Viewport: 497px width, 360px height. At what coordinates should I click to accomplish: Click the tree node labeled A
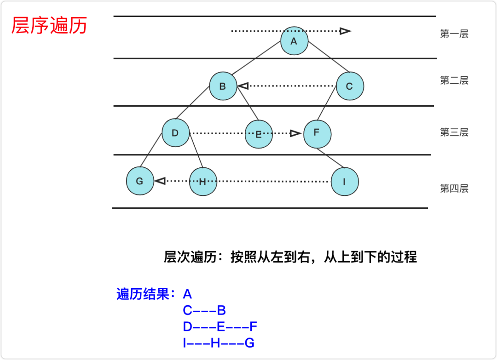[x=294, y=41]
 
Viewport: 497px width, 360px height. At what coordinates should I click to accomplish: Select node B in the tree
[x=223, y=86]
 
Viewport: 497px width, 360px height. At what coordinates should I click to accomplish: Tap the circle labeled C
[x=350, y=86]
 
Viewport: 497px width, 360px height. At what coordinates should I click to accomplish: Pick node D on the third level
[x=175, y=133]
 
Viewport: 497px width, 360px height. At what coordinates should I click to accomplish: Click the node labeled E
[x=258, y=134]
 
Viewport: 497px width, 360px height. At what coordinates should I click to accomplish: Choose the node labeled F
[x=317, y=133]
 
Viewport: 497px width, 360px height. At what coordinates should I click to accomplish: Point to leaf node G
[x=140, y=181]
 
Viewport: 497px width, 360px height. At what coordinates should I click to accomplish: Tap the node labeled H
[x=202, y=182]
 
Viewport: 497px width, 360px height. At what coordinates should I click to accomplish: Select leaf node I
[x=344, y=182]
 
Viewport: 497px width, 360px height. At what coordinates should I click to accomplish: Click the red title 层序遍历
[x=49, y=26]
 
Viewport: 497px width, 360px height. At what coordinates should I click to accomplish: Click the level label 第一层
[x=454, y=34]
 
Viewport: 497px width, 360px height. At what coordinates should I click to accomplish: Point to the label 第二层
[x=454, y=80]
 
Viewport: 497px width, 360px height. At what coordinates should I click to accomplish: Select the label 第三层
[x=454, y=132]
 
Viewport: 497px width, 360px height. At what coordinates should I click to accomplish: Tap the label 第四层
[x=454, y=189]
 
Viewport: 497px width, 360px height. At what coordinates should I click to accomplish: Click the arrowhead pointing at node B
[x=243, y=86]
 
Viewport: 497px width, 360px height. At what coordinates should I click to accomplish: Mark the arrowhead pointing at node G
[x=160, y=181]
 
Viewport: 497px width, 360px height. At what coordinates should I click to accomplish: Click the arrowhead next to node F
[x=295, y=133]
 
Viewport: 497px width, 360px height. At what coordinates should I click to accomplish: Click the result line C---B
[x=204, y=311]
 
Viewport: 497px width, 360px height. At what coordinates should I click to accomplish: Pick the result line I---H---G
[x=219, y=343]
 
